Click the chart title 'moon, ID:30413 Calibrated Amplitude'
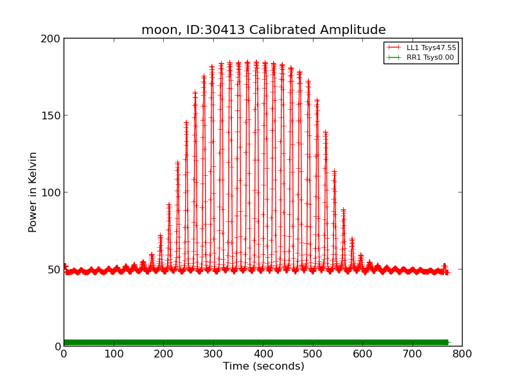click(x=263, y=30)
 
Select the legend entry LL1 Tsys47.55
click(x=430, y=47)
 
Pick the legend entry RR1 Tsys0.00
click(x=430, y=57)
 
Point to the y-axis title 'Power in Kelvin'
click(x=33, y=192)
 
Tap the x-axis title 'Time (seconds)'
click(x=263, y=366)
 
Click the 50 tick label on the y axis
click(x=54, y=269)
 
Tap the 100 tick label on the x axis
click(x=114, y=354)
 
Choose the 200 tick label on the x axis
click(x=163, y=354)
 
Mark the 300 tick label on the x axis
click(x=213, y=354)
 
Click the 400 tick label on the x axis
click(x=263, y=354)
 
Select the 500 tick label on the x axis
click(x=313, y=354)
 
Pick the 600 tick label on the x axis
click(x=362, y=354)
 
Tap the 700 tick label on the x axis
click(x=412, y=354)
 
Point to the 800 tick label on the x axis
click(x=462, y=354)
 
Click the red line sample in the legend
click(x=394, y=47)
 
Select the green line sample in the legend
click(x=394, y=57)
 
